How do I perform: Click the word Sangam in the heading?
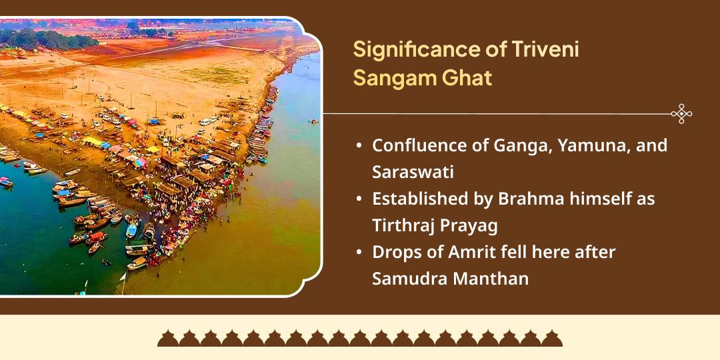pos(392,78)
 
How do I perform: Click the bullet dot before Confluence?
pos(359,146)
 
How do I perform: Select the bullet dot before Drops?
pos(359,253)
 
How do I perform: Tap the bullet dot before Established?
pos(359,199)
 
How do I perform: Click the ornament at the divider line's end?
pos(681,114)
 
